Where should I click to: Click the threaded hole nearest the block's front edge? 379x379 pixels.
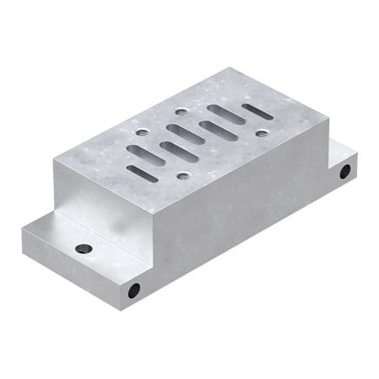pyautogui.click(x=184, y=176)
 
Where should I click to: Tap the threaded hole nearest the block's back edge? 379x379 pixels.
pyautogui.click(x=182, y=111)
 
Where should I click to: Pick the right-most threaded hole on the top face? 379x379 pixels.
pyautogui.click(x=262, y=133)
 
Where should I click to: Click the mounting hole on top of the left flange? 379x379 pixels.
pyautogui.click(x=83, y=249)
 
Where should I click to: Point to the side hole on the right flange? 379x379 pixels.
pyautogui.click(x=344, y=172)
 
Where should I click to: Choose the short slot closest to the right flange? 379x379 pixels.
pyautogui.click(x=258, y=110)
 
